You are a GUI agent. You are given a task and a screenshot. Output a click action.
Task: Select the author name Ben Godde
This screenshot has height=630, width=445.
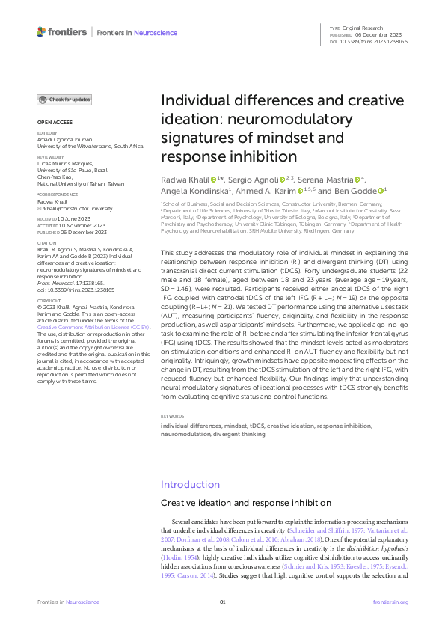(x=360, y=190)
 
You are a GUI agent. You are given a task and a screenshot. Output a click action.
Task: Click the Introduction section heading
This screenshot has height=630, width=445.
(x=190, y=484)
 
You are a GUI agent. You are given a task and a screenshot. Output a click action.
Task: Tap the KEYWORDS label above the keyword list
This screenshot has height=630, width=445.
(x=173, y=415)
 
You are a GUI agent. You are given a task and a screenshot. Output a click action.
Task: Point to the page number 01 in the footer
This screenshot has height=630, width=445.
(x=222, y=602)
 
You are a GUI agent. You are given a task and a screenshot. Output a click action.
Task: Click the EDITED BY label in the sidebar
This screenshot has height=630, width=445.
(x=46, y=133)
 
